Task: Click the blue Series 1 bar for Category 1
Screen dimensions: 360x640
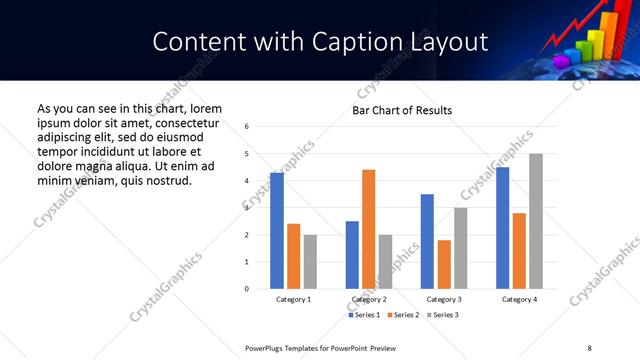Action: (x=277, y=231)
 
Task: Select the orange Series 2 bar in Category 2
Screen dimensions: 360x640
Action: (x=369, y=229)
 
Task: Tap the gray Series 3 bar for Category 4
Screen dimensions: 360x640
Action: (x=536, y=221)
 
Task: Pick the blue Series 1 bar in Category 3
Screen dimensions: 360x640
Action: (x=428, y=241)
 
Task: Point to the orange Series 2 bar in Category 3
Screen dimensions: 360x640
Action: (x=444, y=264)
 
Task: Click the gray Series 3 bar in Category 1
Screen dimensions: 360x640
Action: (x=310, y=262)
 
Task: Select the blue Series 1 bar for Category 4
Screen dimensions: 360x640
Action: (x=503, y=228)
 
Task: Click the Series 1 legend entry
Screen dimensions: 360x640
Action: (x=364, y=315)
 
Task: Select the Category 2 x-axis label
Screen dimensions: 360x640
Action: (x=369, y=300)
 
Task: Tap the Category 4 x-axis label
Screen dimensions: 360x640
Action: (x=519, y=300)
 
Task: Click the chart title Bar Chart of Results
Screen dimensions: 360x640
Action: (x=402, y=110)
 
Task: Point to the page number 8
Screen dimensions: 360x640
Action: (x=589, y=346)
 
